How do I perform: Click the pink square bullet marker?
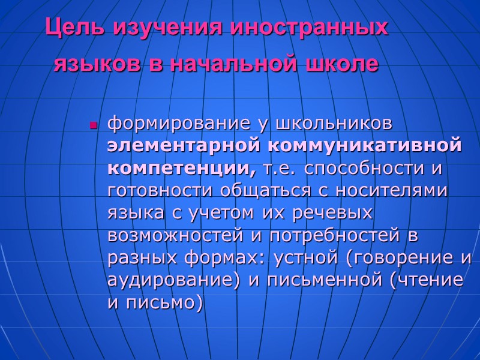tap(94, 126)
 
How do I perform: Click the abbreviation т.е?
tap(280, 169)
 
